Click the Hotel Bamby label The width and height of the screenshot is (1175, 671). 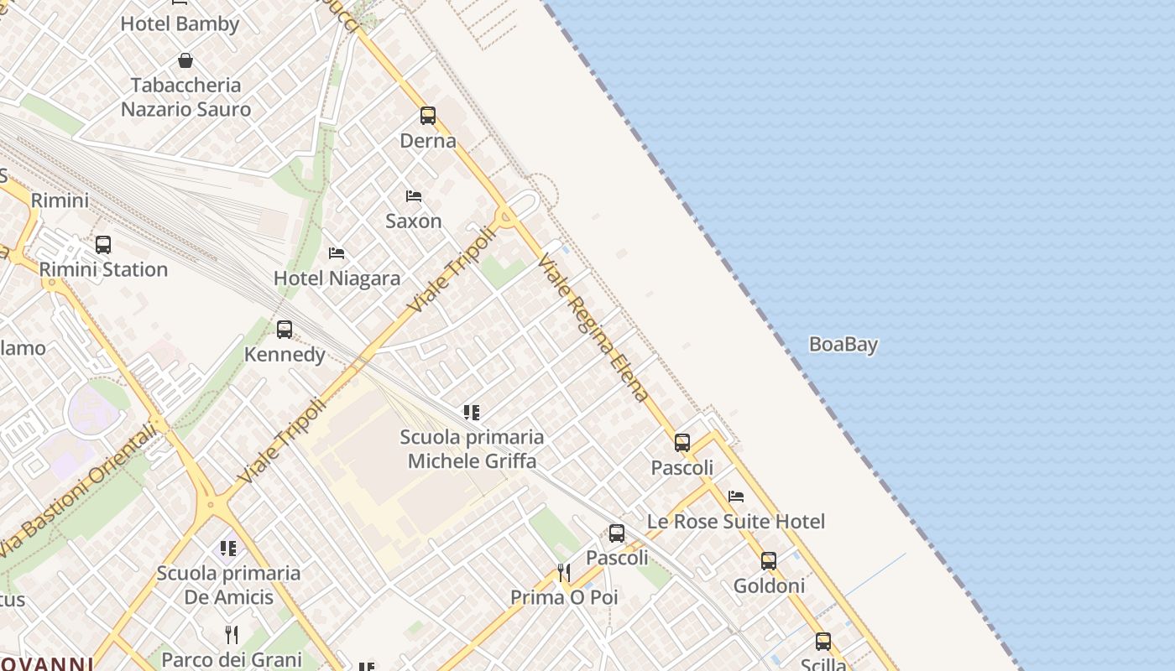[180, 23]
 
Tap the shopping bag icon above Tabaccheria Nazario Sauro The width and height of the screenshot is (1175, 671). [185, 60]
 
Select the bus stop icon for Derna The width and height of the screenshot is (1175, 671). [428, 116]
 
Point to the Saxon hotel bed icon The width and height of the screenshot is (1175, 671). [413, 196]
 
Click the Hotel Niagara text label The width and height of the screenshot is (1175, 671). [337, 278]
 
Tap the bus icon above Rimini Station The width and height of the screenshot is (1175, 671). [103, 245]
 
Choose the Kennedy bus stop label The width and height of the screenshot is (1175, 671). [285, 355]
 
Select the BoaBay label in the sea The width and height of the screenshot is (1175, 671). [843, 344]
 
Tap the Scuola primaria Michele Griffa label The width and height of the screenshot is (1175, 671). [472, 449]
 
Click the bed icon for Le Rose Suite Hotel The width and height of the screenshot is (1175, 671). [736, 497]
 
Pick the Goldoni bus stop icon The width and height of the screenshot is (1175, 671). [768, 561]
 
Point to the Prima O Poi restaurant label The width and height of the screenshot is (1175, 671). [564, 597]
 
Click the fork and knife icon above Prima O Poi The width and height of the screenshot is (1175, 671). [564, 573]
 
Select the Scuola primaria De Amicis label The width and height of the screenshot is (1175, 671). [228, 585]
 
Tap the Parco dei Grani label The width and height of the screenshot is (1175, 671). [232, 660]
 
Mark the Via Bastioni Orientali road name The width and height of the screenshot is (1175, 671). [80, 491]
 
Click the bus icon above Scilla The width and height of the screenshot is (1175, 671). [823, 642]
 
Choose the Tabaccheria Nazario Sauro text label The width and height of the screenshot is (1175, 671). [185, 97]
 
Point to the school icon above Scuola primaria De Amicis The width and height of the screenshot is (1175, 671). [228, 549]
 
